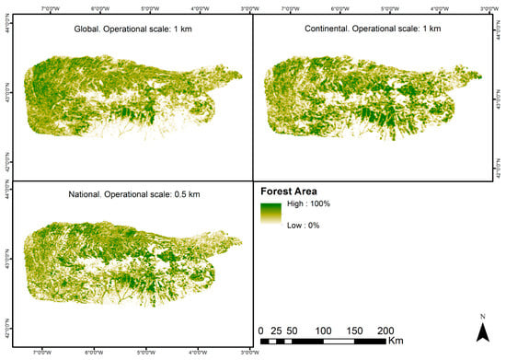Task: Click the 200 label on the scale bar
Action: click(x=386, y=330)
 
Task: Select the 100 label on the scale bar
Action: click(x=324, y=330)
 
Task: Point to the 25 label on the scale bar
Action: click(x=277, y=330)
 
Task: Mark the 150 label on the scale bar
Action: click(x=355, y=330)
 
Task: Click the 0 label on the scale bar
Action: click(x=261, y=330)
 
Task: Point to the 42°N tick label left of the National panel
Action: click(x=8, y=324)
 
